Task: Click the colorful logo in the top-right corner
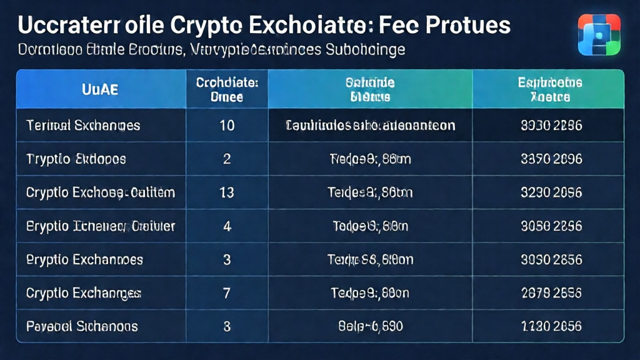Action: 599,35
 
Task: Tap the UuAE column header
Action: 100,89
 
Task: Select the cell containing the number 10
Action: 227,126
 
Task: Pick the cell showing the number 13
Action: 227,192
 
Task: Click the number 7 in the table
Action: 227,292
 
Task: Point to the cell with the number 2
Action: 227,159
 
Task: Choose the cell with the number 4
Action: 227,226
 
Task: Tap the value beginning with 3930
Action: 551,126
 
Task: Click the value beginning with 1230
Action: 551,326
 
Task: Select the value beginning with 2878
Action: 551,292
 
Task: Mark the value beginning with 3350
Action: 551,159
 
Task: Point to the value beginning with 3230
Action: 551,192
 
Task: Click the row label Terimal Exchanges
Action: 83,126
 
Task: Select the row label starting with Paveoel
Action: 82,326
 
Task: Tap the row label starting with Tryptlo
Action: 76,159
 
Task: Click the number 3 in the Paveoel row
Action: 227,326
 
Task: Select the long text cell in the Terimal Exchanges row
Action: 370,126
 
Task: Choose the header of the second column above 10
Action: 227,89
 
